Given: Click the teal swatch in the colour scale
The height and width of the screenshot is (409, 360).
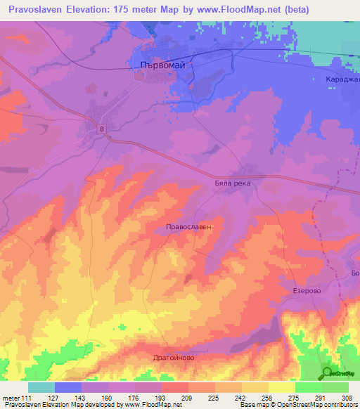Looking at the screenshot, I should [41, 387].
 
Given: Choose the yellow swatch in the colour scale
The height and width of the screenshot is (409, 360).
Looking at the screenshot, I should [281, 387].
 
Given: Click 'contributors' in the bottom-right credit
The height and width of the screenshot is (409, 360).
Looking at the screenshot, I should [339, 405].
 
